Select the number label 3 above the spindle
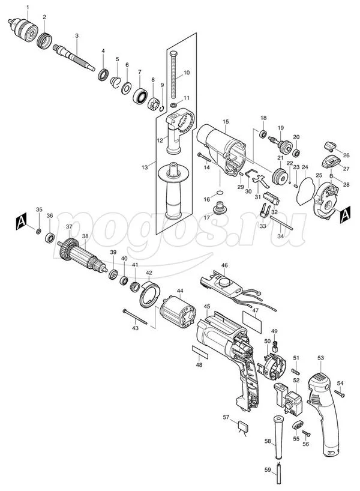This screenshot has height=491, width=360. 77,36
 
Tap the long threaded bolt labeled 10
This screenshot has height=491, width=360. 174,74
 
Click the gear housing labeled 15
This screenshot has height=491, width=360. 221,149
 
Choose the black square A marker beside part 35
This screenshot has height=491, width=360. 21,221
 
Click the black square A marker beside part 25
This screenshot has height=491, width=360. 345,215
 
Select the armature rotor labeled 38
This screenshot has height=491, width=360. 83,256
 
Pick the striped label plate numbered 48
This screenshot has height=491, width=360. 200,352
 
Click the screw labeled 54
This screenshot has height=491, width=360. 340,394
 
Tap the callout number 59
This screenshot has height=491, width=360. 268,470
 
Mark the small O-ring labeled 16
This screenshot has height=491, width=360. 220,192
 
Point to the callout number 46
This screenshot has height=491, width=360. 224,265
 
